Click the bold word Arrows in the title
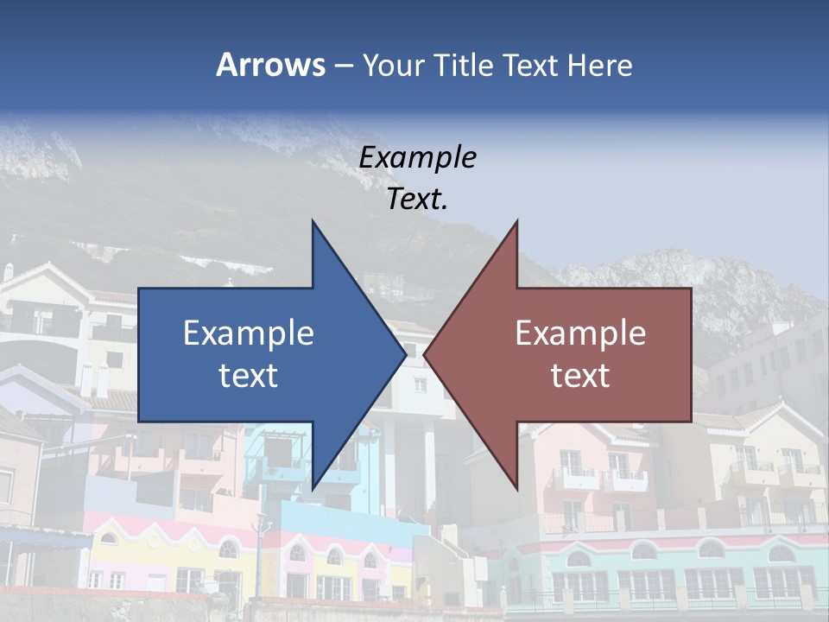pos(270,66)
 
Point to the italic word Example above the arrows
pos(417,157)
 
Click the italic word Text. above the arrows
pos(417,199)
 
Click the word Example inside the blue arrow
pos(248,333)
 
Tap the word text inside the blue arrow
pos(248,376)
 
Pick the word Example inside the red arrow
pos(580,333)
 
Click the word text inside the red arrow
pos(580,376)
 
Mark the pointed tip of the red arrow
pos(426,354)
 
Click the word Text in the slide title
pos(532,66)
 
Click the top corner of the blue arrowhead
pos(313,221)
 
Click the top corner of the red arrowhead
pos(516,221)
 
